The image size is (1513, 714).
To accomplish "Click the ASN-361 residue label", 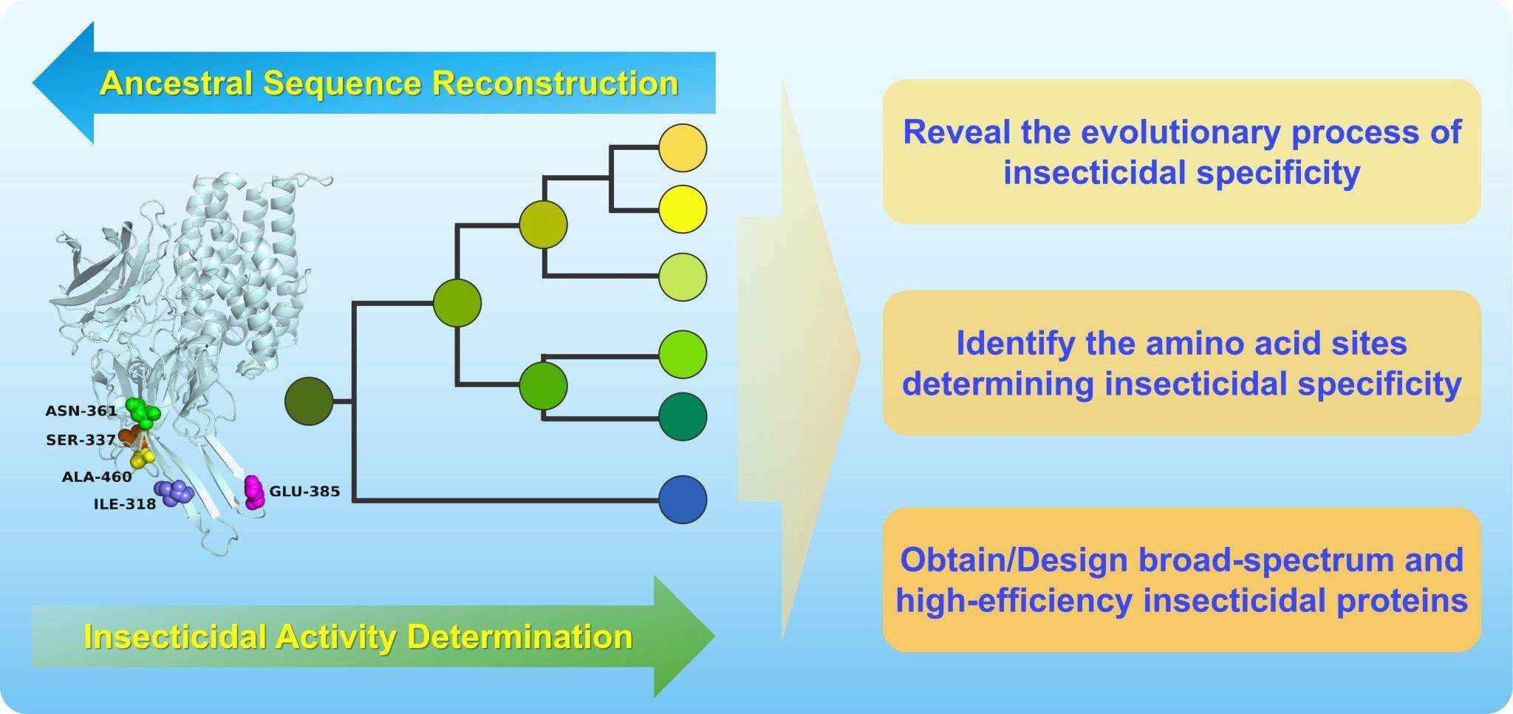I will click(81, 410).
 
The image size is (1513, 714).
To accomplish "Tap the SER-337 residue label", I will click(81, 441).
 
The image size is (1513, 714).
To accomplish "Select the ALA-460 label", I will click(97, 477).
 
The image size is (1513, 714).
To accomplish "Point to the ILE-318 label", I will click(125, 505).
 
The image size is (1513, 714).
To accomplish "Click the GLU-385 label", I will click(304, 491).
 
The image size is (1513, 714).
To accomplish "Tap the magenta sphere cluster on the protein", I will click(254, 492).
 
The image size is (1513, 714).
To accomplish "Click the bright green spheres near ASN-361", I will click(142, 412).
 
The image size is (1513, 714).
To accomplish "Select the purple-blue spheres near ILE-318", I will click(174, 493).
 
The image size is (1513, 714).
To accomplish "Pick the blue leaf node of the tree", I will click(683, 500).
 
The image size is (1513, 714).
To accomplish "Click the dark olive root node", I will click(310, 401).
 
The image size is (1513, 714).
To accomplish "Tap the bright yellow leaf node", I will click(683, 209).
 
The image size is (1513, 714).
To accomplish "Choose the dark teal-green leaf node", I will click(683, 417).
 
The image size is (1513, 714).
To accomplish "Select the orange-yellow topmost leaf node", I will click(683, 148).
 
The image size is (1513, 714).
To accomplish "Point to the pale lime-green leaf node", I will click(683, 277).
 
